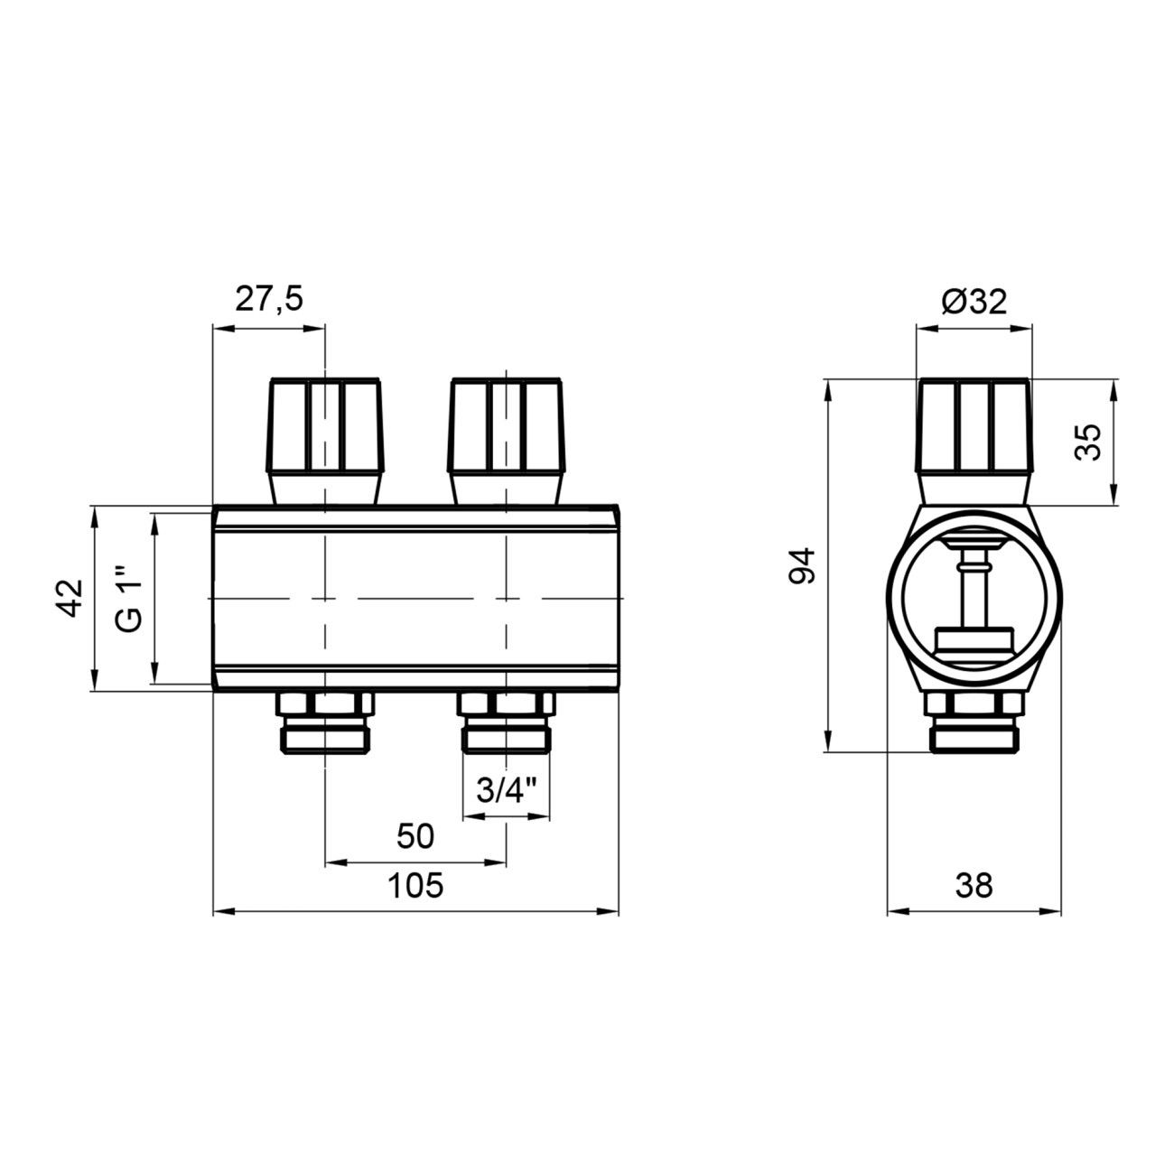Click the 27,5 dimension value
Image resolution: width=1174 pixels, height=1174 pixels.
pyautogui.click(x=269, y=299)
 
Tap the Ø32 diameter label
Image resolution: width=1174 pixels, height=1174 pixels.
pyautogui.click(x=974, y=301)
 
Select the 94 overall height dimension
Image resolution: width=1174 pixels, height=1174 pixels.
pyautogui.click(x=802, y=566)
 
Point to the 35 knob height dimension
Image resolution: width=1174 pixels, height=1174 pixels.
pyautogui.click(x=1087, y=443)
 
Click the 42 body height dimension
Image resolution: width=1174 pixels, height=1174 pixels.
pyautogui.click(x=70, y=599)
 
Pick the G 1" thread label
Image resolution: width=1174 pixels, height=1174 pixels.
pyautogui.click(x=129, y=599)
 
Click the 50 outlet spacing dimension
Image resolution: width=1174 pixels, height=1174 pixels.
pyautogui.click(x=415, y=836)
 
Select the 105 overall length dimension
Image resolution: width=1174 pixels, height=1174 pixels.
pyautogui.click(x=415, y=885)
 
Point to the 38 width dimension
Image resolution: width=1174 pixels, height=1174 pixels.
pyautogui.click(x=974, y=885)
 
